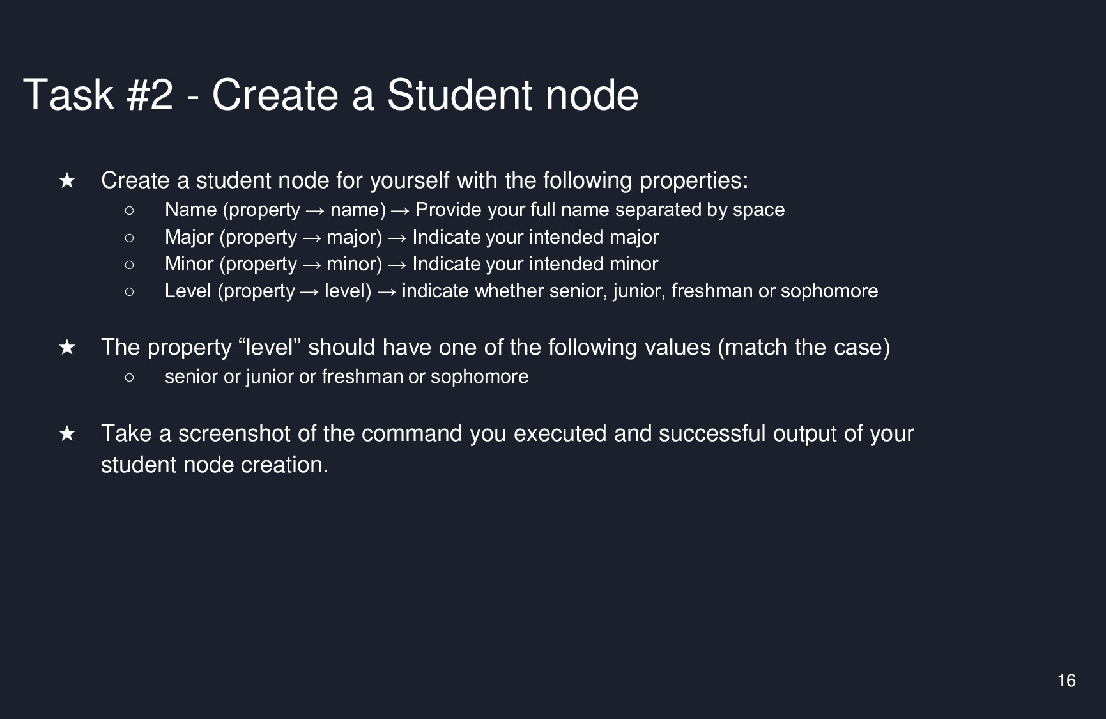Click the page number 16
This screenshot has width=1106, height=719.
pos(1066,681)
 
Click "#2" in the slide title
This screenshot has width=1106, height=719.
pos(150,95)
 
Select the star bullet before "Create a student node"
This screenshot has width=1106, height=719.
pos(67,181)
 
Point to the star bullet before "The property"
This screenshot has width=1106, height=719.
pos(67,348)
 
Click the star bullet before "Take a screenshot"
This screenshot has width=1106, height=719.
pos(67,434)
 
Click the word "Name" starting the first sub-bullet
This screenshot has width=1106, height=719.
pos(191,210)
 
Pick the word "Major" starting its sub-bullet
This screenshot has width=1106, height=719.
pos(189,237)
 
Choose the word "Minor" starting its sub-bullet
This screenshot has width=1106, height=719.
pos(189,264)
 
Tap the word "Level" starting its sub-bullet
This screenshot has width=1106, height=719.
pos(188,291)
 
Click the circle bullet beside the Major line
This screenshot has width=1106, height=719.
pos(130,238)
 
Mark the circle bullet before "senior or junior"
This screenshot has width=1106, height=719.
pos(130,377)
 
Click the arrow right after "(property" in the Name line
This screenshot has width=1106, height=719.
pos(315,210)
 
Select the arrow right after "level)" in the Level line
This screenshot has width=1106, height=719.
pos(387,291)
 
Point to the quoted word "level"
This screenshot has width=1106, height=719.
pos(269,347)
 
